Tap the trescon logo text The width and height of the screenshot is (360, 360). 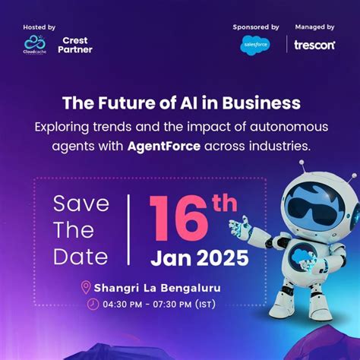point(314,45)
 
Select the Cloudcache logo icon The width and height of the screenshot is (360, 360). point(36,43)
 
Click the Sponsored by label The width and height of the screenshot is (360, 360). point(256,27)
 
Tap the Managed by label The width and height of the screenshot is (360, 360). point(314,27)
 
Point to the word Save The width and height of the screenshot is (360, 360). point(81,204)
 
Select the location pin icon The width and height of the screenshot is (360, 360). point(86,287)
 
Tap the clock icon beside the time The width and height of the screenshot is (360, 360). point(93,304)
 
